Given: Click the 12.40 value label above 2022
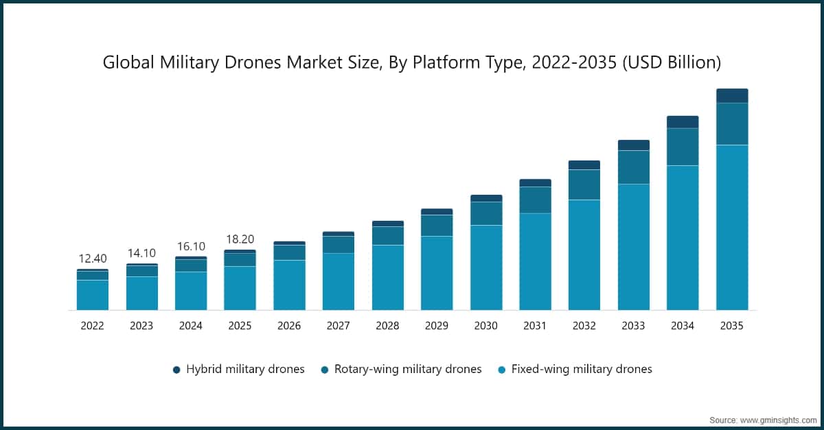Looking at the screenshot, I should pos(92,259).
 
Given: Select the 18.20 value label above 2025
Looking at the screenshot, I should pos(240,239).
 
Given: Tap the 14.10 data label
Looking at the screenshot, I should pos(141,253).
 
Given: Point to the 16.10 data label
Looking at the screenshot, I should pos(190,246).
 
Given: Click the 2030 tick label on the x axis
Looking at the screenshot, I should pos(486,326).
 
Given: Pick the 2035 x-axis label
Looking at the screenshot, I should pos(732,326).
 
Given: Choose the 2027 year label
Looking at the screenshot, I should pos(339,326).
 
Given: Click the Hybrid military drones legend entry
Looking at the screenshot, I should pos(238,369).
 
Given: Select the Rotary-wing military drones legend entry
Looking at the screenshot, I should pos(401,369).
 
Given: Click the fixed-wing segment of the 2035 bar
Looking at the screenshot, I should pos(732,226).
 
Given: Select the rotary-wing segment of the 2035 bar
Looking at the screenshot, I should pos(732,123).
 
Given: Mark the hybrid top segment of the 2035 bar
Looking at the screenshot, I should pos(732,95).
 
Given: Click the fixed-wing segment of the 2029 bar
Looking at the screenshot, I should pos(437,273).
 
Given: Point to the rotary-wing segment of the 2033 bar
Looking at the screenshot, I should pos(634,167).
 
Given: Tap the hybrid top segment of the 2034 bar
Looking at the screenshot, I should pos(683,122).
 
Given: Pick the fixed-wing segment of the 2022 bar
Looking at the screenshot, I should pos(92,295).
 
